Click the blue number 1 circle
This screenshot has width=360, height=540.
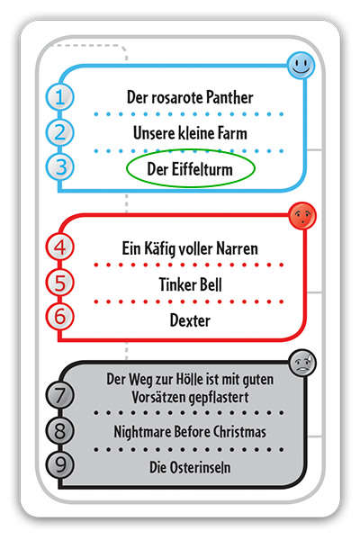coord(60,97)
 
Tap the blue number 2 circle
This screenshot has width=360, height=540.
coord(60,132)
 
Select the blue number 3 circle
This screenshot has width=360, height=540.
coord(60,167)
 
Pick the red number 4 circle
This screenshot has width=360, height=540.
coord(60,247)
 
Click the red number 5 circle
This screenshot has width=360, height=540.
coord(60,283)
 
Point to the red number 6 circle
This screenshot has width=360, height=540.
coord(60,317)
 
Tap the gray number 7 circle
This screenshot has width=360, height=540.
coord(60,395)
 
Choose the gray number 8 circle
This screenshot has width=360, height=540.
coord(60,431)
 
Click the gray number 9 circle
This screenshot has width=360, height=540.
coord(60,465)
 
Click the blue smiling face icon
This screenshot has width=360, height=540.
coord(301,65)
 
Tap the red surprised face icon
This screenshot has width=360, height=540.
coord(302,216)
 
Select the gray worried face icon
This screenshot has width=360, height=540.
coord(302,363)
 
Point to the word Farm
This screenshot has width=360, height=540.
coord(232,133)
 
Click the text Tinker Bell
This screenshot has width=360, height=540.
coord(190,284)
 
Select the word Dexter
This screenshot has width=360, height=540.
coord(190,320)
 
